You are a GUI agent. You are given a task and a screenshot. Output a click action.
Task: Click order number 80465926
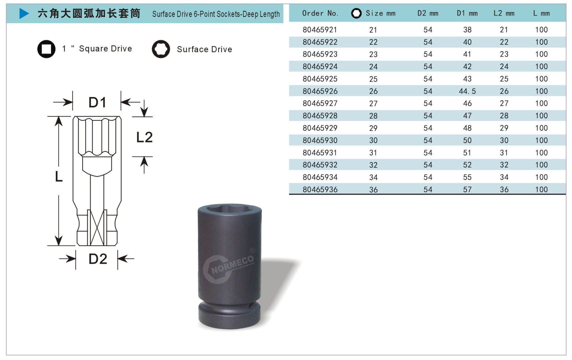click(x=320, y=91)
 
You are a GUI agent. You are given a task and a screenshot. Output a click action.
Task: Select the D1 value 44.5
click(x=467, y=91)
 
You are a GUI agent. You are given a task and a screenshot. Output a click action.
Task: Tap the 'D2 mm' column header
click(x=428, y=13)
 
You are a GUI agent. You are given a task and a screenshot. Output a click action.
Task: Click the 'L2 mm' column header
click(x=504, y=13)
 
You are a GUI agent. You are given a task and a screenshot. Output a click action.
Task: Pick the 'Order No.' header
click(x=320, y=13)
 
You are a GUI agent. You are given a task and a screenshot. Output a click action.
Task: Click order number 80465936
click(x=320, y=189)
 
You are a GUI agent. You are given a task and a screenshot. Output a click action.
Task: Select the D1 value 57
click(x=467, y=189)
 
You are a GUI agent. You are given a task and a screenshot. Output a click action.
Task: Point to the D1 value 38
click(x=467, y=30)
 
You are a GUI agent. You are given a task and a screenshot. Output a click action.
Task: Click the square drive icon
click(x=46, y=49)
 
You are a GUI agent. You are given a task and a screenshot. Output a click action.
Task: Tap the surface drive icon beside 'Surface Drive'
click(x=161, y=49)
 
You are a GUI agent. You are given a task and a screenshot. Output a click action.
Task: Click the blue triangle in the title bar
click(x=24, y=13)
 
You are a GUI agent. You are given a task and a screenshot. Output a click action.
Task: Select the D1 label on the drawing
click(x=97, y=102)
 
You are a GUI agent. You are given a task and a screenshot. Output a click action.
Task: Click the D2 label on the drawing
click(x=98, y=259)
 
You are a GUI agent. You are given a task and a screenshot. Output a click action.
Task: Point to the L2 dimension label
click(x=144, y=137)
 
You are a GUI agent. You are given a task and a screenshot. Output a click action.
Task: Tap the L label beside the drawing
click(x=59, y=177)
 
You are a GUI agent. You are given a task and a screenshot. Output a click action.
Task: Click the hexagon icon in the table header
click(x=356, y=13)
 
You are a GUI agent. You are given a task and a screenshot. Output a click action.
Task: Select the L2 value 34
click(x=504, y=177)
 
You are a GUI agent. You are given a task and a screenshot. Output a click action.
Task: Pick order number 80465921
click(x=320, y=30)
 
